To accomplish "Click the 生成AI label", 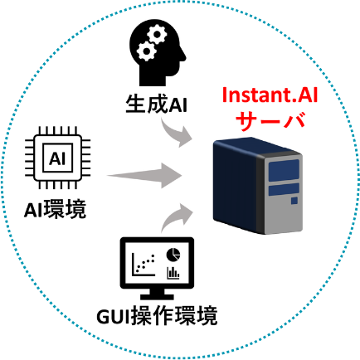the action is tap(157, 105).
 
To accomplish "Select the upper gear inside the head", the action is tap(157, 35).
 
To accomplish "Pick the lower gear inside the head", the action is tap(147, 51).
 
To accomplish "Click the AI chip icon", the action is tap(58, 158).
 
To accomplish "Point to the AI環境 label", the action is tap(56, 210).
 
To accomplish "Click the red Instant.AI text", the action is tap(270, 95).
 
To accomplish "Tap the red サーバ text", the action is tap(270, 121).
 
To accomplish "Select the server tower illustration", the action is tap(258, 186).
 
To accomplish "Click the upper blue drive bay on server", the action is tap(284, 171).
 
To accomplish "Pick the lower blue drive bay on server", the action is tap(284, 189).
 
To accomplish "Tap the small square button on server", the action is tap(294, 201).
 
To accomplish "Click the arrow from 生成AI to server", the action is tap(174, 134).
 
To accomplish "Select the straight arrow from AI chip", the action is tap(144, 175).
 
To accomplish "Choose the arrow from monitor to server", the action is tap(175, 217).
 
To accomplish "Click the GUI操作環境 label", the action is tap(157, 316).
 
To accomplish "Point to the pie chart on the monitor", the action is tap(173, 255).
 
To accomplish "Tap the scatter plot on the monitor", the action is tap(144, 265).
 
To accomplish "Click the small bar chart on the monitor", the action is tap(173, 273).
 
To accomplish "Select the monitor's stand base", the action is tap(157, 297).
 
